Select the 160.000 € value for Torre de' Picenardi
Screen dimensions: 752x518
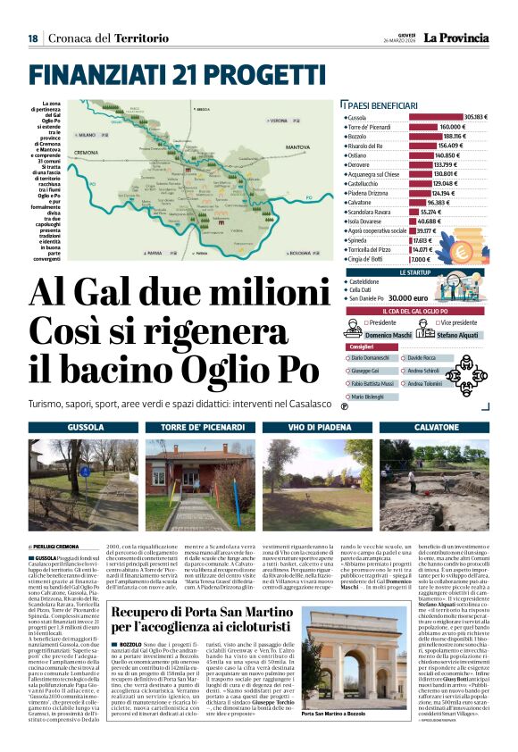[x=452, y=127]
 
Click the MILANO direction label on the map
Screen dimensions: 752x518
[x=93, y=134]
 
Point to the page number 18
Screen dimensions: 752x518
[x=33, y=38]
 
